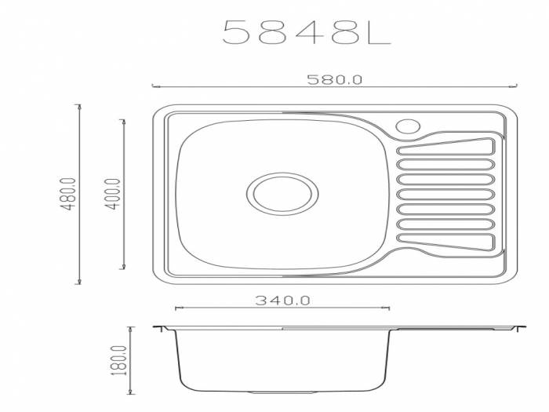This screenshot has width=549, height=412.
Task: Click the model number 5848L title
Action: click(x=307, y=32)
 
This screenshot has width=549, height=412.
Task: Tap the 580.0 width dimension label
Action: click(x=334, y=79)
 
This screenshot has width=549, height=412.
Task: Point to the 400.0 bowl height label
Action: click(x=113, y=194)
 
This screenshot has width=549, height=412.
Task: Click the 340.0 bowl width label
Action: click(x=282, y=301)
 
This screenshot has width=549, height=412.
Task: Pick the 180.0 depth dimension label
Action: click(x=119, y=360)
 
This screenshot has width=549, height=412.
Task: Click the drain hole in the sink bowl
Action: click(x=282, y=193)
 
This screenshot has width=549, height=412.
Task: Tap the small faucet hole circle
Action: click(x=408, y=126)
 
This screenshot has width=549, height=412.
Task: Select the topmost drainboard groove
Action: click(x=445, y=147)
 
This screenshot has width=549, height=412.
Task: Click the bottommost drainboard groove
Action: click(x=445, y=242)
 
